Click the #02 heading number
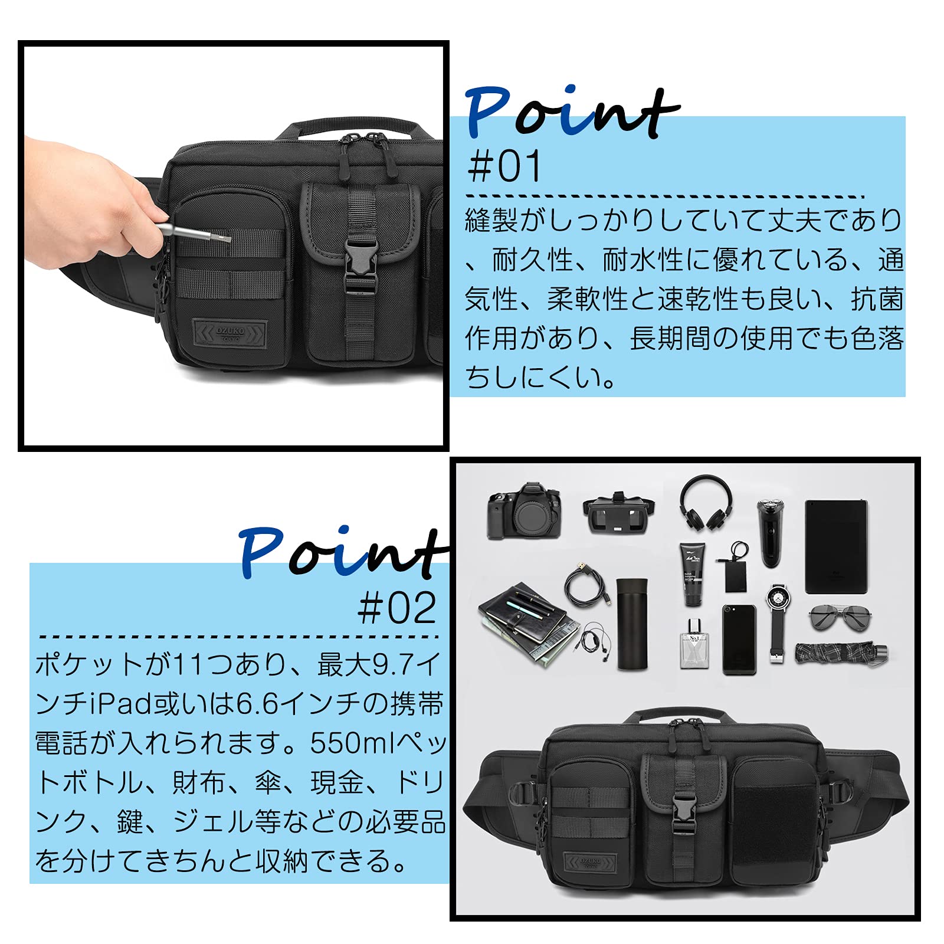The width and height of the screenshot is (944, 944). pyautogui.click(x=397, y=608)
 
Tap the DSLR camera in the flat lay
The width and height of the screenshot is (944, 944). pyautogui.click(x=524, y=511)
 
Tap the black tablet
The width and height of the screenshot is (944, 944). pyautogui.click(x=837, y=547)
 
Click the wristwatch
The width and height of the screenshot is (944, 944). pyautogui.click(x=776, y=622)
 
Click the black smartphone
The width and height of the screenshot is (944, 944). pyautogui.click(x=739, y=639)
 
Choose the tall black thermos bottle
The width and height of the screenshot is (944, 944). pyautogui.click(x=632, y=624)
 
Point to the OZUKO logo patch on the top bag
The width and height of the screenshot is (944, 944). pyautogui.click(x=230, y=334)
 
